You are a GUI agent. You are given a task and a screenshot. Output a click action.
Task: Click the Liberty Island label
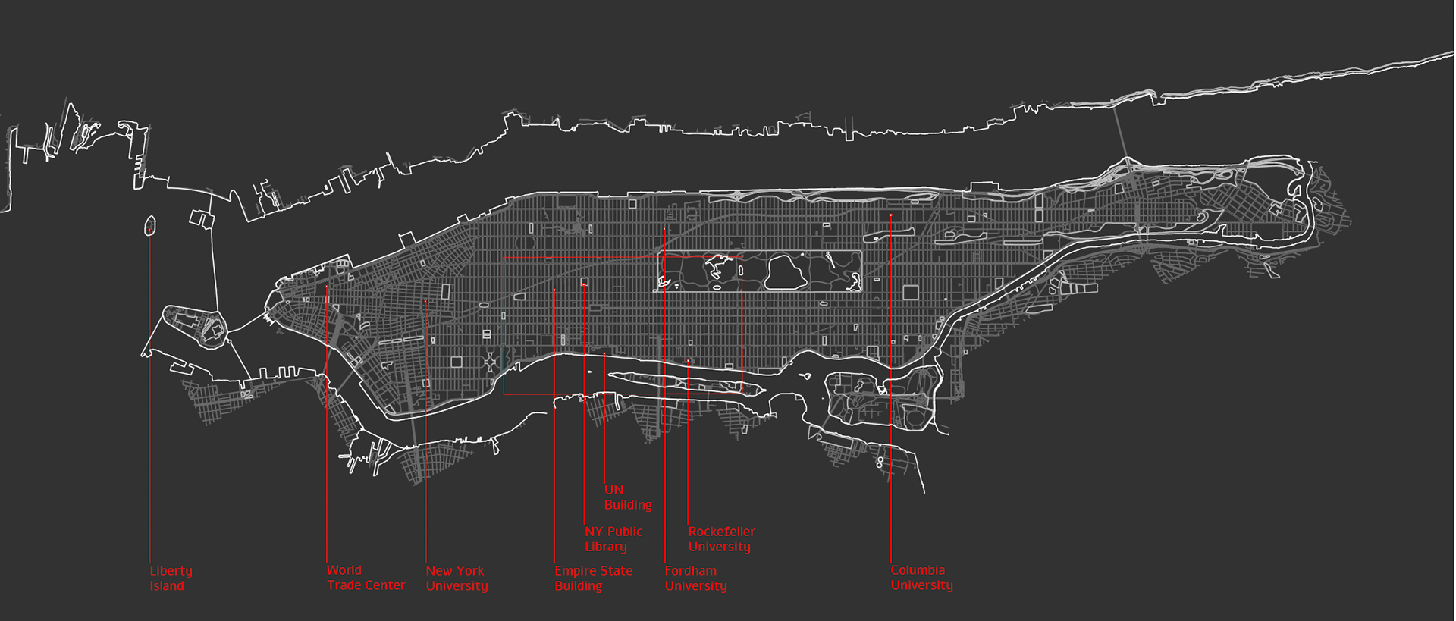click(x=171, y=578)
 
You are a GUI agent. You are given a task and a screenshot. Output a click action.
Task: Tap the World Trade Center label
click(x=366, y=578)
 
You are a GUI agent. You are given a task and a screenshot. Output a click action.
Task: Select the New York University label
click(x=457, y=578)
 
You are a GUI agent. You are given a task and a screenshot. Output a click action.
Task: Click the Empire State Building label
click(x=593, y=578)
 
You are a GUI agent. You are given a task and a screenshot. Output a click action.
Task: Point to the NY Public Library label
click(x=613, y=539)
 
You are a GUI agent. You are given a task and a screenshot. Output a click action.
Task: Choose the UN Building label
click(x=627, y=497)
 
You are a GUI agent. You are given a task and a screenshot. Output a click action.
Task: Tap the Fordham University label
click(x=695, y=578)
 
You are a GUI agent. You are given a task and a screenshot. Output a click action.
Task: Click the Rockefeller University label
click(x=721, y=539)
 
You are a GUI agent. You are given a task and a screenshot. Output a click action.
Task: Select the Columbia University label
click(x=921, y=578)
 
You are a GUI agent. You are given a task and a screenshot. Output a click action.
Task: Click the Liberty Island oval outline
click(x=150, y=225)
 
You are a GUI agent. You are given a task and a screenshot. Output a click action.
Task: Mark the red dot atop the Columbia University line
click(x=891, y=216)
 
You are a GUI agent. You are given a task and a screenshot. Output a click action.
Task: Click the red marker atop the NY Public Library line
click(x=584, y=284)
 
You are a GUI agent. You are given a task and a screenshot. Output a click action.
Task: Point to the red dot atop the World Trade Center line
click(x=327, y=287)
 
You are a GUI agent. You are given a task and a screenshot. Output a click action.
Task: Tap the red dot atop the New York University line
click(x=425, y=302)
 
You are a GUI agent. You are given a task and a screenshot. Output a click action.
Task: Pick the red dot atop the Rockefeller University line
click(x=689, y=361)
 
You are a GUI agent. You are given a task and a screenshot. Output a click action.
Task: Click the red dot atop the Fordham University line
click(x=664, y=229)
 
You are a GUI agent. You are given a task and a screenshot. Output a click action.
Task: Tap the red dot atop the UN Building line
click(x=604, y=354)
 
